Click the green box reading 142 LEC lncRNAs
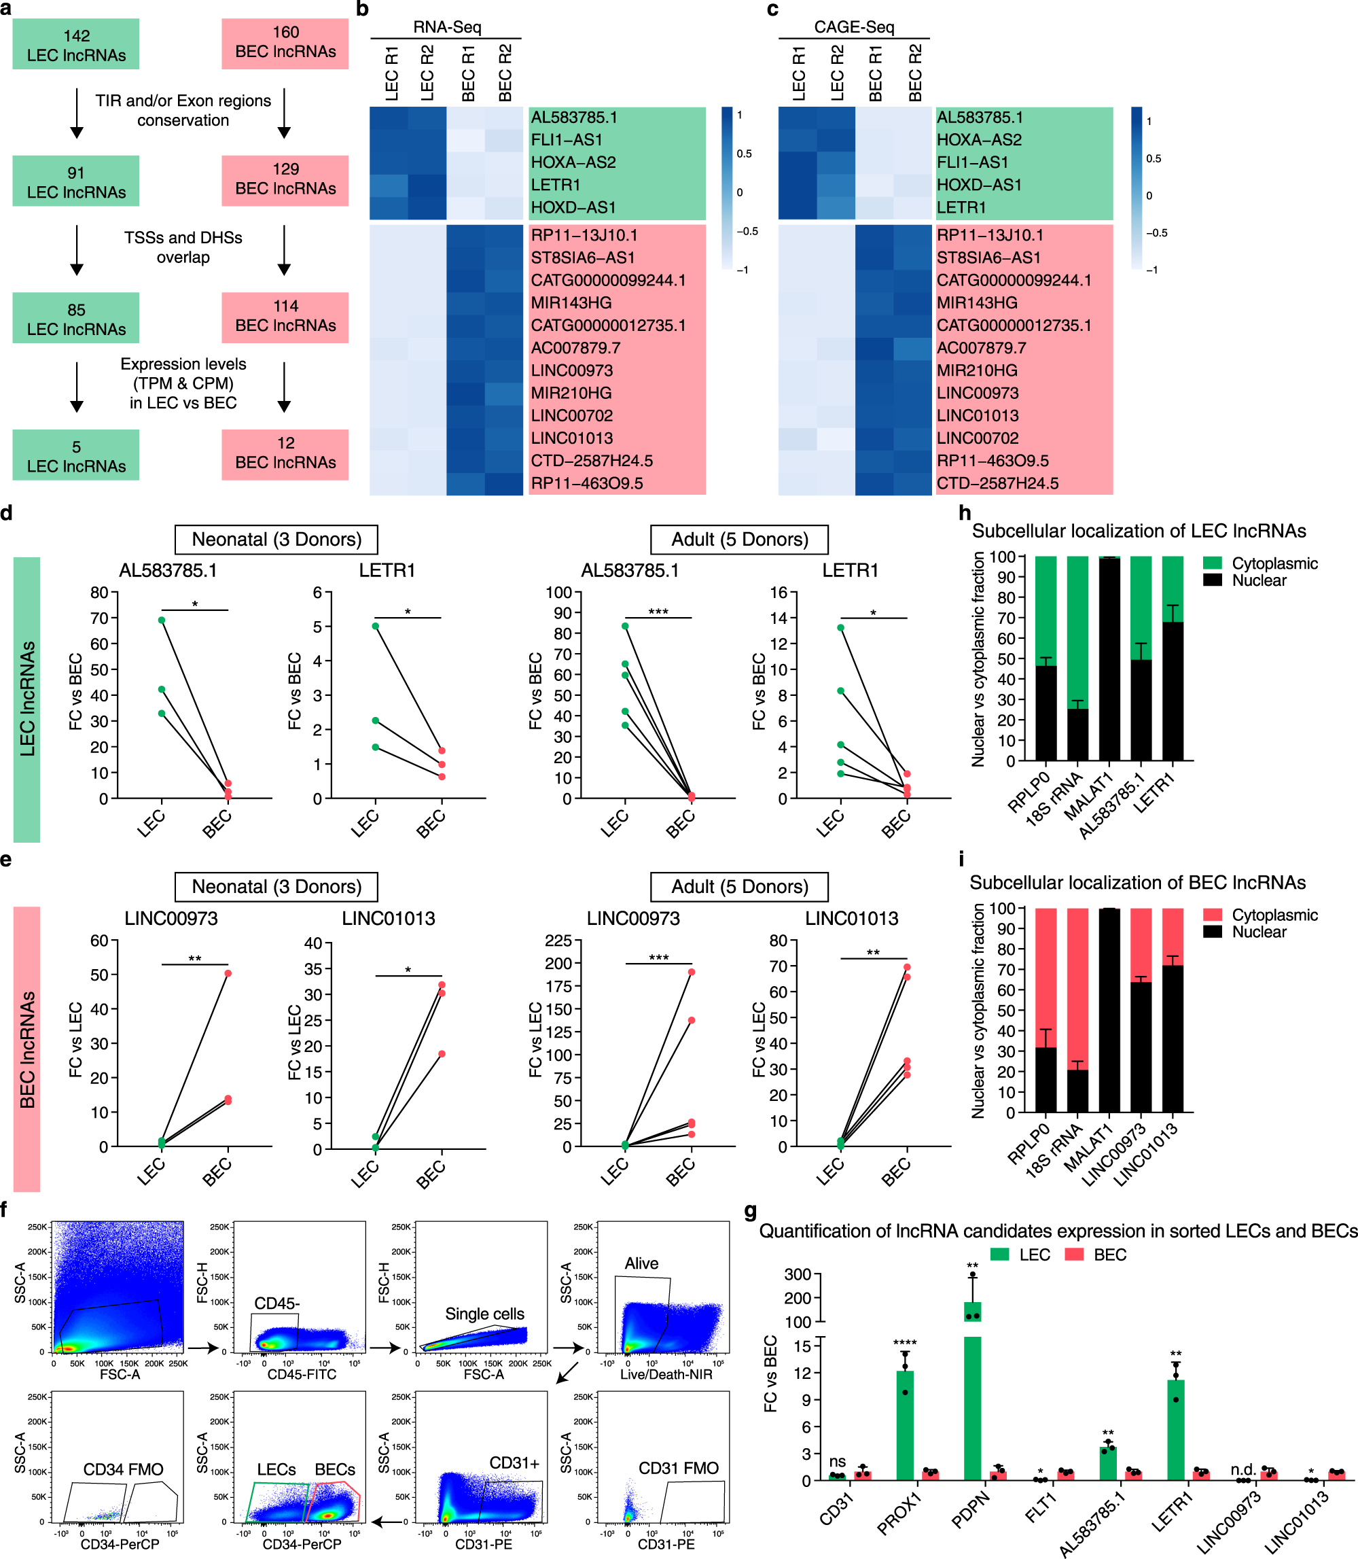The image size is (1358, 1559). [x=76, y=45]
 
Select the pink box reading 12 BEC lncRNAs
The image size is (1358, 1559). [x=285, y=453]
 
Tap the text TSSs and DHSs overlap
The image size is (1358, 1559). [x=183, y=247]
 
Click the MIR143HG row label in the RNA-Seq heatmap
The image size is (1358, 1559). [x=571, y=302]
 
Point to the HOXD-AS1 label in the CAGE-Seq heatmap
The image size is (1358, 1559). [x=979, y=184]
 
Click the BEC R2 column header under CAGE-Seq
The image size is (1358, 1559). [x=914, y=73]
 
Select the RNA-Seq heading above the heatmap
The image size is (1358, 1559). [x=446, y=27]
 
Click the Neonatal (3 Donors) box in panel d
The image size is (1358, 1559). [x=276, y=539]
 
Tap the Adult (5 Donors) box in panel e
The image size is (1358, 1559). [x=739, y=886]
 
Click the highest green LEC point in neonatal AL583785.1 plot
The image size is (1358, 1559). [x=162, y=620]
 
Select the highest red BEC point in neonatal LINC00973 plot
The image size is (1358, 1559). [x=228, y=973]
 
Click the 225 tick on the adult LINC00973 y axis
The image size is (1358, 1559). [x=558, y=940]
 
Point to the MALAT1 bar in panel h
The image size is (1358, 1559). [x=1109, y=659]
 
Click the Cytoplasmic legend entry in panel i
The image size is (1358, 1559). [x=1273, y=914]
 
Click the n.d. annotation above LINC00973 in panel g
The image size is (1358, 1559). [x=1243, y=1469]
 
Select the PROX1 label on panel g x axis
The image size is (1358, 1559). [x=899, y=1512]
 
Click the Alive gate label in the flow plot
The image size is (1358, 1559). [x=641, y=1263]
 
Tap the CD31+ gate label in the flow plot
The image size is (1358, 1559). [x=514, y=1462]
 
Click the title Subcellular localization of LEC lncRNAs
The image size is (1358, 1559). [x=1139, y=531]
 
